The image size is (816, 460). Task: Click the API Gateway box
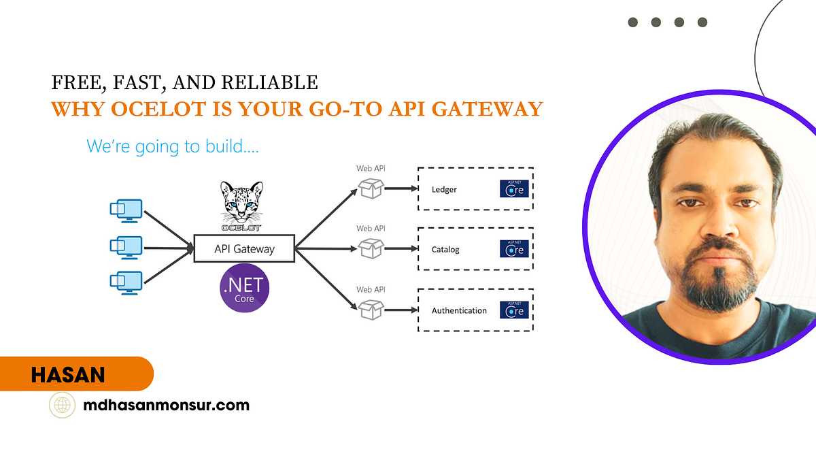[244, 248]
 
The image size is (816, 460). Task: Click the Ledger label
[444, 189]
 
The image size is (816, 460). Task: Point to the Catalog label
[445, 250]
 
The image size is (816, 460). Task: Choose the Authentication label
[459, 310]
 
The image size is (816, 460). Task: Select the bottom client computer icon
[126, 282]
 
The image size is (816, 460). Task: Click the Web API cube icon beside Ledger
[371, 188]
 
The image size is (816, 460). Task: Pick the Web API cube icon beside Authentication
[371, 310]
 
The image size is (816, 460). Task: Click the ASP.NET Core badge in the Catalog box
[514, 249]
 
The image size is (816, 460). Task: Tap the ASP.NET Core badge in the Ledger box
[514, 188]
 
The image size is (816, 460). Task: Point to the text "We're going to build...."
[173, 146]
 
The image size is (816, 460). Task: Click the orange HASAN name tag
[76, 374]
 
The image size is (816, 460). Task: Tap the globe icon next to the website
[63, 406]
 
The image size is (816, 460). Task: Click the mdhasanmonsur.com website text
[166, 406]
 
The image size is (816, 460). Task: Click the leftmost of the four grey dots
[633, 22]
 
